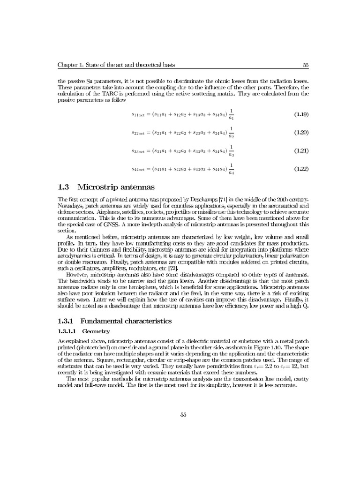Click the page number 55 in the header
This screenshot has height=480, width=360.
305,65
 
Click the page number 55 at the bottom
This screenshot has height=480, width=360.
183,413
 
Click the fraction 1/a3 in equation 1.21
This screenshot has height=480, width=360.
232,150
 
